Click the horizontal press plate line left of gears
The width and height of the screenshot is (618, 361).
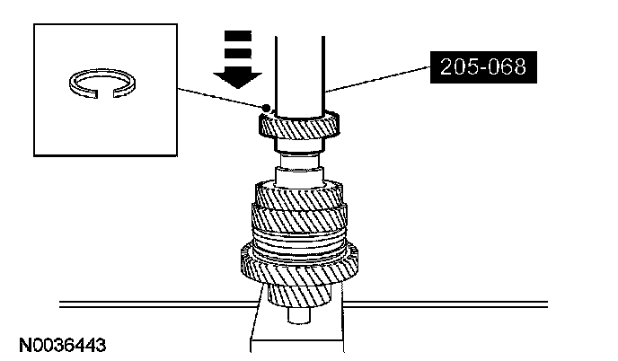click(x=144, y=303)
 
